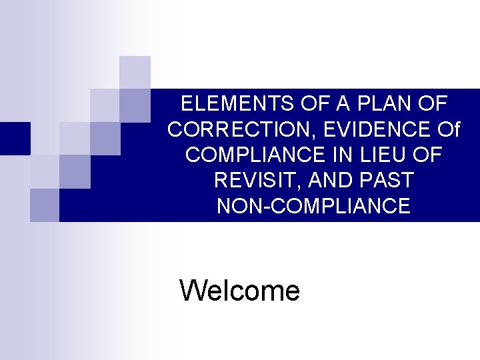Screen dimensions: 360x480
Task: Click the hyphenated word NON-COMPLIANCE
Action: click(313, 206)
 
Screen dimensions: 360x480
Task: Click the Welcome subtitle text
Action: click(240, 291)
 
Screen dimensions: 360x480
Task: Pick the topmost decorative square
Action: click(135, 72)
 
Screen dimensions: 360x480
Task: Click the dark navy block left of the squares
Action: click(15, 138)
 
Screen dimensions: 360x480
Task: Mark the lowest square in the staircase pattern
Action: click(45, 204)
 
